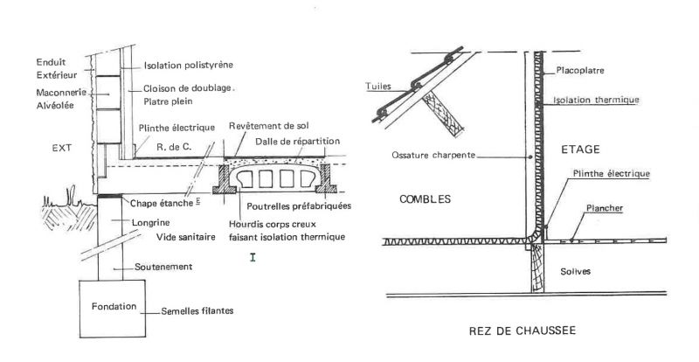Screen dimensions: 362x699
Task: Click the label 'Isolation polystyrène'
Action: (188, 66)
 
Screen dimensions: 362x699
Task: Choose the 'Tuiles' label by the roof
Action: (378, 87)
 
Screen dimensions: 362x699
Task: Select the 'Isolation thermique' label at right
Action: (597, 100)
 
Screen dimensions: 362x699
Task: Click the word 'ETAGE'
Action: (583, 150)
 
